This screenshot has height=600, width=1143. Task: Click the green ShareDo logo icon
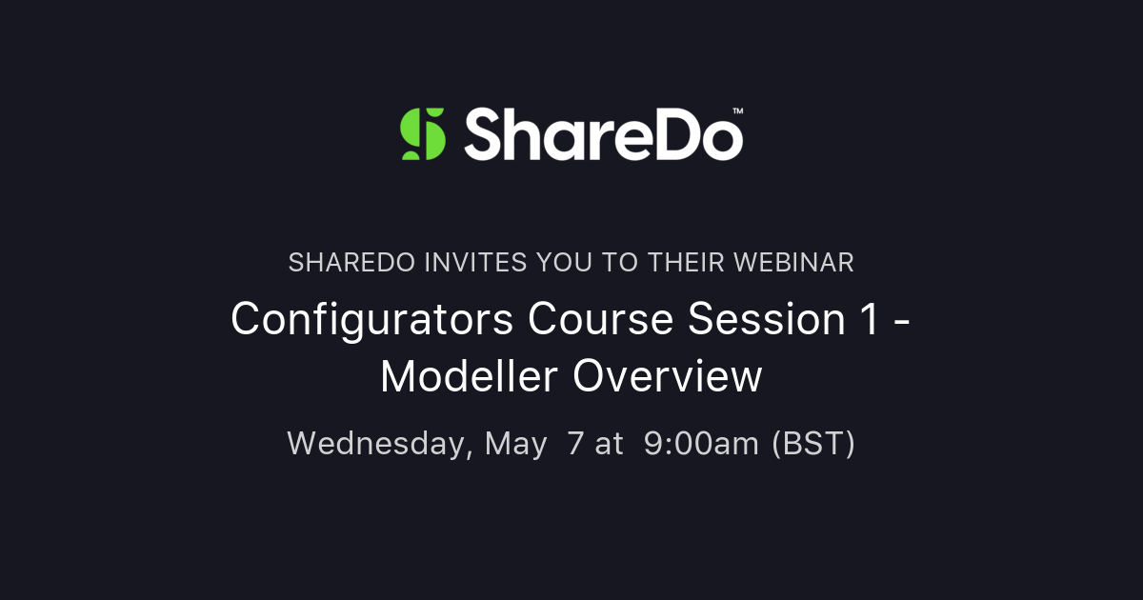(423, 133)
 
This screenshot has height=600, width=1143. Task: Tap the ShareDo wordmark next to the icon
(602, 133)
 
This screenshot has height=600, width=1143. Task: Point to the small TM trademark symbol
(737, 111)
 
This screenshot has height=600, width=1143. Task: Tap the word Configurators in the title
(372, 320)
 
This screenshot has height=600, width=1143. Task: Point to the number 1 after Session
(864, 320)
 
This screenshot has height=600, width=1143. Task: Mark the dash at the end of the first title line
(903, 322)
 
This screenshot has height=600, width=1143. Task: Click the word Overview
(667, 377)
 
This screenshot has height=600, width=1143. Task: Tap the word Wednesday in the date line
(379, 444)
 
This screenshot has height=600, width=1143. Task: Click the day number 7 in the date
(573, 444)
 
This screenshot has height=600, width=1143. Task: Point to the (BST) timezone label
(812, 444)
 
